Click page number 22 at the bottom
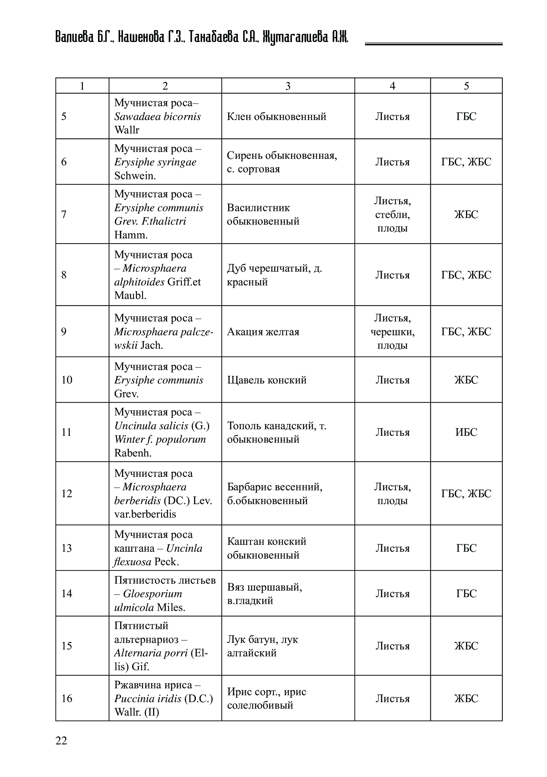click(61, 740)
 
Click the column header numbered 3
click(288, 86)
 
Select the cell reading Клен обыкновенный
click(276, 117)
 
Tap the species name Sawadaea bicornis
click(157, 117)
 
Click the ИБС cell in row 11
click(466, 432)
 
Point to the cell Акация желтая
click(263, 332)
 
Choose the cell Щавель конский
click(267, 380)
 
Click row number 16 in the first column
click(67, 698)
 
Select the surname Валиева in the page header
click(74, 37)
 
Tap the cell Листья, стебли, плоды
click(392, 214)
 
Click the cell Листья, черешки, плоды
click(392, 332)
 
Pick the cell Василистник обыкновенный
click(263, 214)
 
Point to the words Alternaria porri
click(151, 653)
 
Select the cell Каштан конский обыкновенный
click(266, 548)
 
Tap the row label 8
click(64, 275)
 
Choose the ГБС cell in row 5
click(466, 117)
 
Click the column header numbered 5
click(466, 86)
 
